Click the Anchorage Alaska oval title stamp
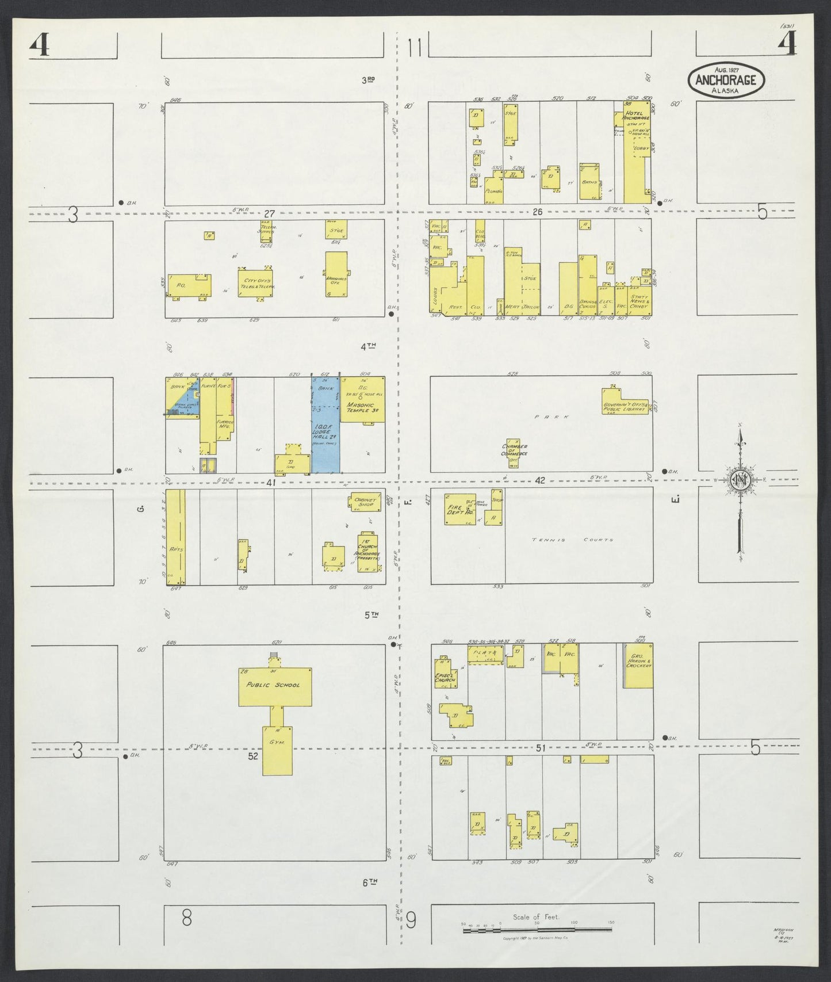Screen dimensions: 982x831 point(726,80)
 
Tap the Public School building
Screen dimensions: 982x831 point(275,686)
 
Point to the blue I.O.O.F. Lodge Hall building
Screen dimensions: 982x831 point(325,426)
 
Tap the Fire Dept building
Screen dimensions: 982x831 point(459,509)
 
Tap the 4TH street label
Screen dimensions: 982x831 point(368,347)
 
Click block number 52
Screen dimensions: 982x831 point(253,756)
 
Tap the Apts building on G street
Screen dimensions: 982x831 point(176,537)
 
